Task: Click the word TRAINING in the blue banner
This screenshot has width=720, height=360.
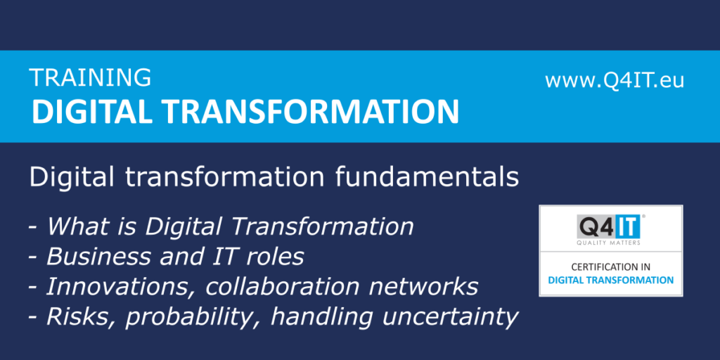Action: click(91, 77)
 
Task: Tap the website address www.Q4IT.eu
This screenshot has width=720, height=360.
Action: click(615, 80)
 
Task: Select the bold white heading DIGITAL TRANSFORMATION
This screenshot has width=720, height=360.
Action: click(245, 111)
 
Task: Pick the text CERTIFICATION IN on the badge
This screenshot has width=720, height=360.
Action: click(611, 266)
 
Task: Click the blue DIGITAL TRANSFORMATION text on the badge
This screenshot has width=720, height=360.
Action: click(611, 280)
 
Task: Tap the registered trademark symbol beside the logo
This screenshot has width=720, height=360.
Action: click(643, 216)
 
